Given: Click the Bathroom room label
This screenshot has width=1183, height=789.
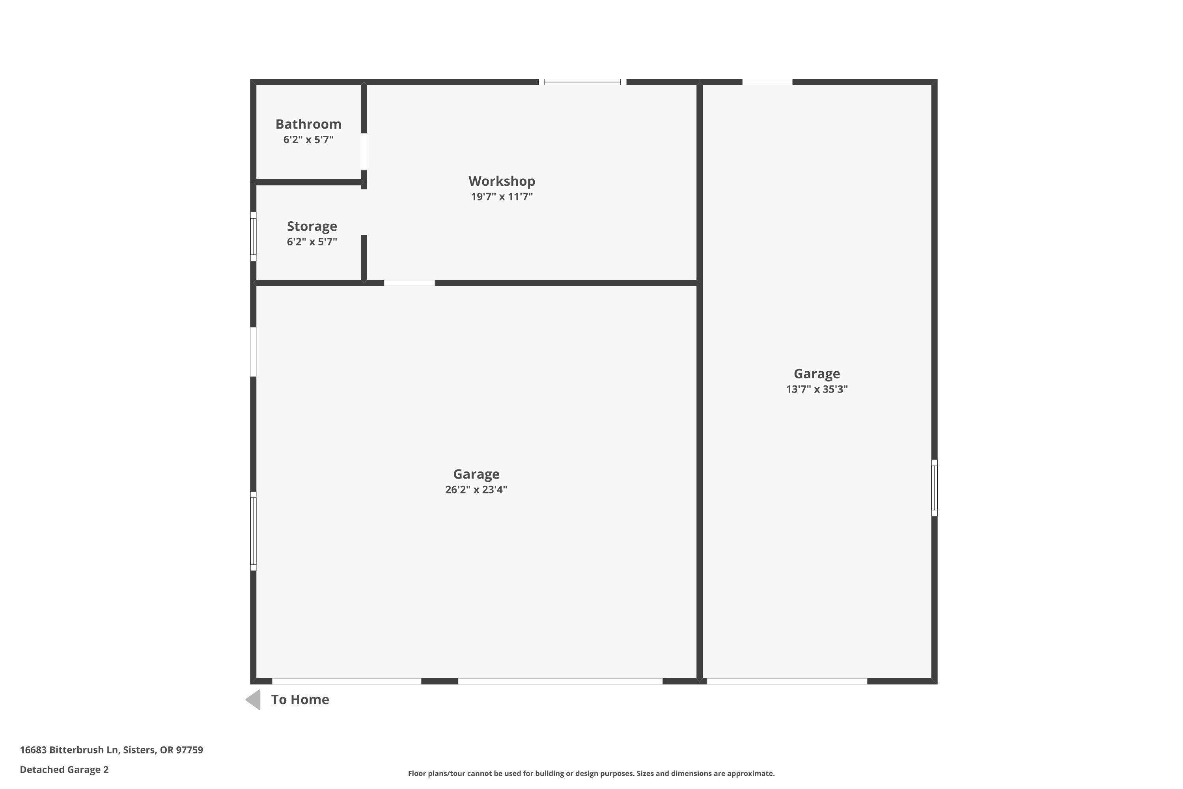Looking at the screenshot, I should (308, 124).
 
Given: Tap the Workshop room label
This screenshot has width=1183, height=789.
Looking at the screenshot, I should (502, 181).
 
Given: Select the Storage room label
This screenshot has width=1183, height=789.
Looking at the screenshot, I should (312, 226).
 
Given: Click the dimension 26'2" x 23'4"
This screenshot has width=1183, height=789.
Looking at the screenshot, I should (476, 490).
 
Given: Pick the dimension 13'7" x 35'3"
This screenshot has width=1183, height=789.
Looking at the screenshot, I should (816, 389).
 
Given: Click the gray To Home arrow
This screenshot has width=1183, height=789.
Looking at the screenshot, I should (254, 699).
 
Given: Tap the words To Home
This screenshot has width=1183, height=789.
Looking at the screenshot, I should (300, 699).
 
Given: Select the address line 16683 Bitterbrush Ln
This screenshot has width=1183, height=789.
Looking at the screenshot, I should (111, 750).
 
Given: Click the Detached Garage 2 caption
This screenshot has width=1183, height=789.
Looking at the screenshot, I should (64, 769).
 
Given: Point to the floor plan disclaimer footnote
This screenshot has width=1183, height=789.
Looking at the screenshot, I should (591, 773).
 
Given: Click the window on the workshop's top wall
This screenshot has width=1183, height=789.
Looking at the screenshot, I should (582, 82).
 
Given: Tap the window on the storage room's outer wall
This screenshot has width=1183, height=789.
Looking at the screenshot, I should (254, 236).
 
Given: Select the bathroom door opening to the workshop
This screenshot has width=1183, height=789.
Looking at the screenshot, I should (364, 151).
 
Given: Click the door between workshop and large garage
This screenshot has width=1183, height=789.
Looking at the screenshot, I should (409, 283).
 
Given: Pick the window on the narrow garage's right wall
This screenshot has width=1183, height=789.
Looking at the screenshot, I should (934, 488).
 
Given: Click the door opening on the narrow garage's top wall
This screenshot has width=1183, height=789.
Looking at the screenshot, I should (767, 82).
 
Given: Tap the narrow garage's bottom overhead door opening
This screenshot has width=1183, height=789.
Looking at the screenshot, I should (787, 681).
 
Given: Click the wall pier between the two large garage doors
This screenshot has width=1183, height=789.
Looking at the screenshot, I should (439, 681).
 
